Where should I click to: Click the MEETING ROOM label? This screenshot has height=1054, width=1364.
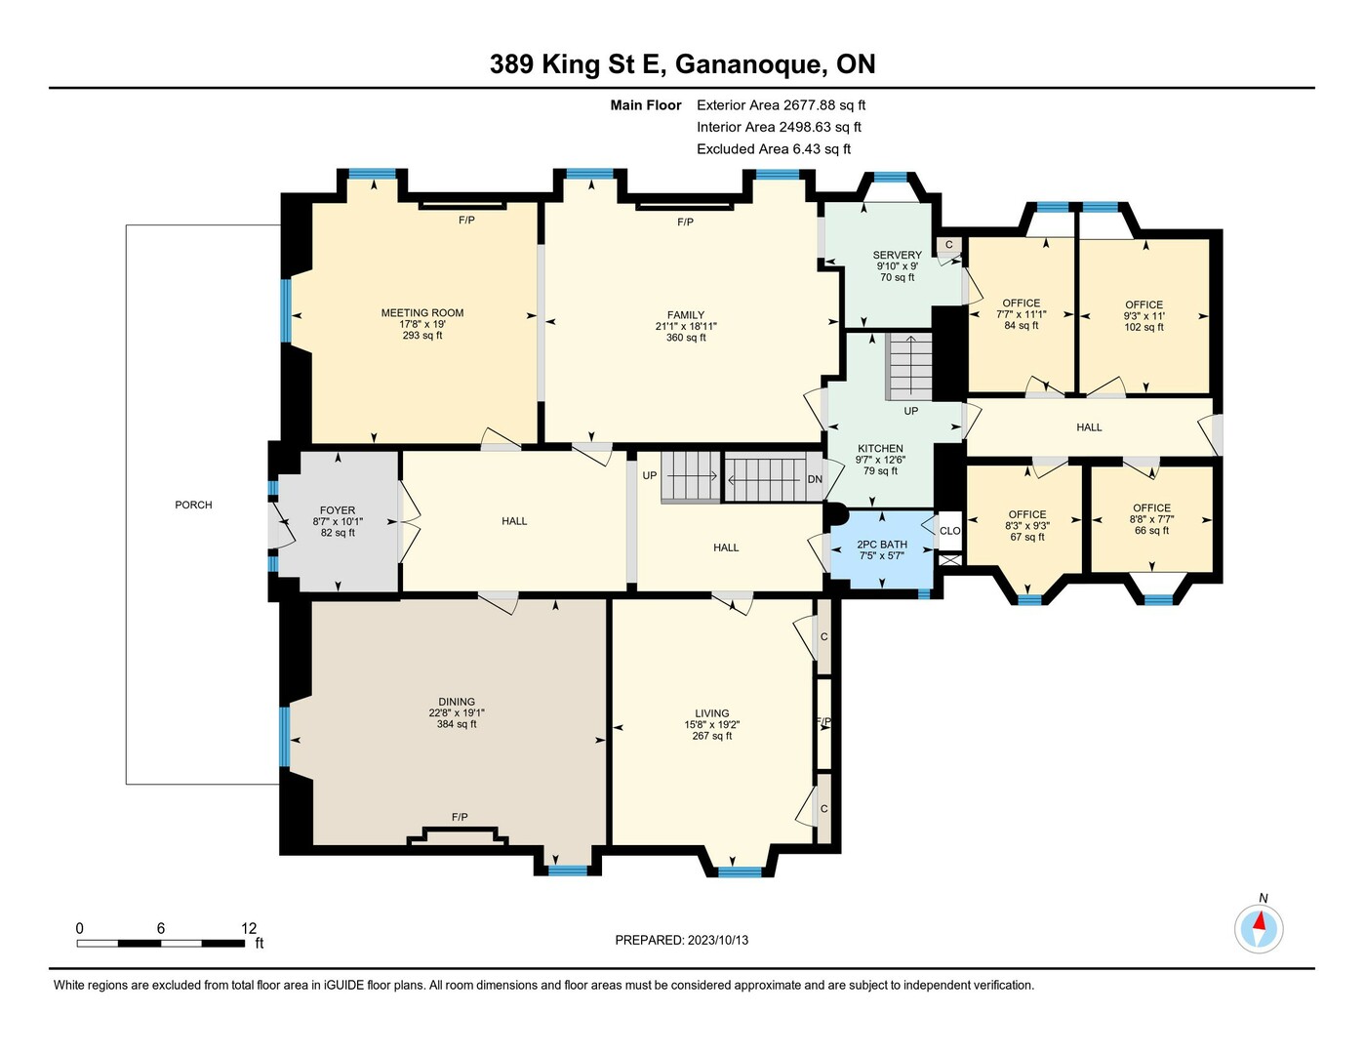[421, 312]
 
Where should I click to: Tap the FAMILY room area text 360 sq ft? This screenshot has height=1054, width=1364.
[686, 338]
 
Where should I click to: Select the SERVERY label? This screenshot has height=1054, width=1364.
[897, 255]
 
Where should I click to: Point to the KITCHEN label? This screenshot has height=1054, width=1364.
[880, 448]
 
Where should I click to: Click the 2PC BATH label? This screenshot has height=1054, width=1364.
[881, 545]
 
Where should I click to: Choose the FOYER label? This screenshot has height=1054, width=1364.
[338, 510]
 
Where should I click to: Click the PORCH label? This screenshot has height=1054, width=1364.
[193, 505]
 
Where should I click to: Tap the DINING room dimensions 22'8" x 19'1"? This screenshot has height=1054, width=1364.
[457, 713]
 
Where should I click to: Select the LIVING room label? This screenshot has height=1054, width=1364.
[712, 713]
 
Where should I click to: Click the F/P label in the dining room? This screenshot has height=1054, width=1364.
[460, 817]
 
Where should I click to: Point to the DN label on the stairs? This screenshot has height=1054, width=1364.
[815, 479]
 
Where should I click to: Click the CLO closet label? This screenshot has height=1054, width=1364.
[949, 531]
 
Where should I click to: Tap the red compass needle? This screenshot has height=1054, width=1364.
[1259, 922]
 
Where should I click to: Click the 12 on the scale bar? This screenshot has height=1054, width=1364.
[249, 928]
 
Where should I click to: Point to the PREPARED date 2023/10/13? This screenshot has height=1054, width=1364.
[717, 940]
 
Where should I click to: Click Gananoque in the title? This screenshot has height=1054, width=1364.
[749, 64]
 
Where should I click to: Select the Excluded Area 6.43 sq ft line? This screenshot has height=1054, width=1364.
[774, 148]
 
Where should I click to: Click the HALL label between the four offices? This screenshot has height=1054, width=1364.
[1089, 426]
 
